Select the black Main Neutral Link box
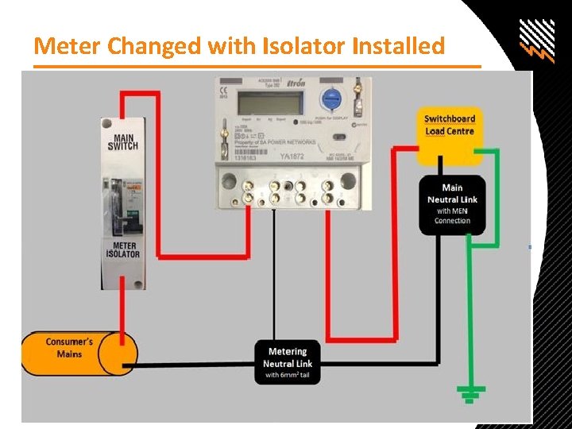point(452,203)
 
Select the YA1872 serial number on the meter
point(294,157)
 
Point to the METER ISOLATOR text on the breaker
point(123,249)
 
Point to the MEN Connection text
point(452,216)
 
